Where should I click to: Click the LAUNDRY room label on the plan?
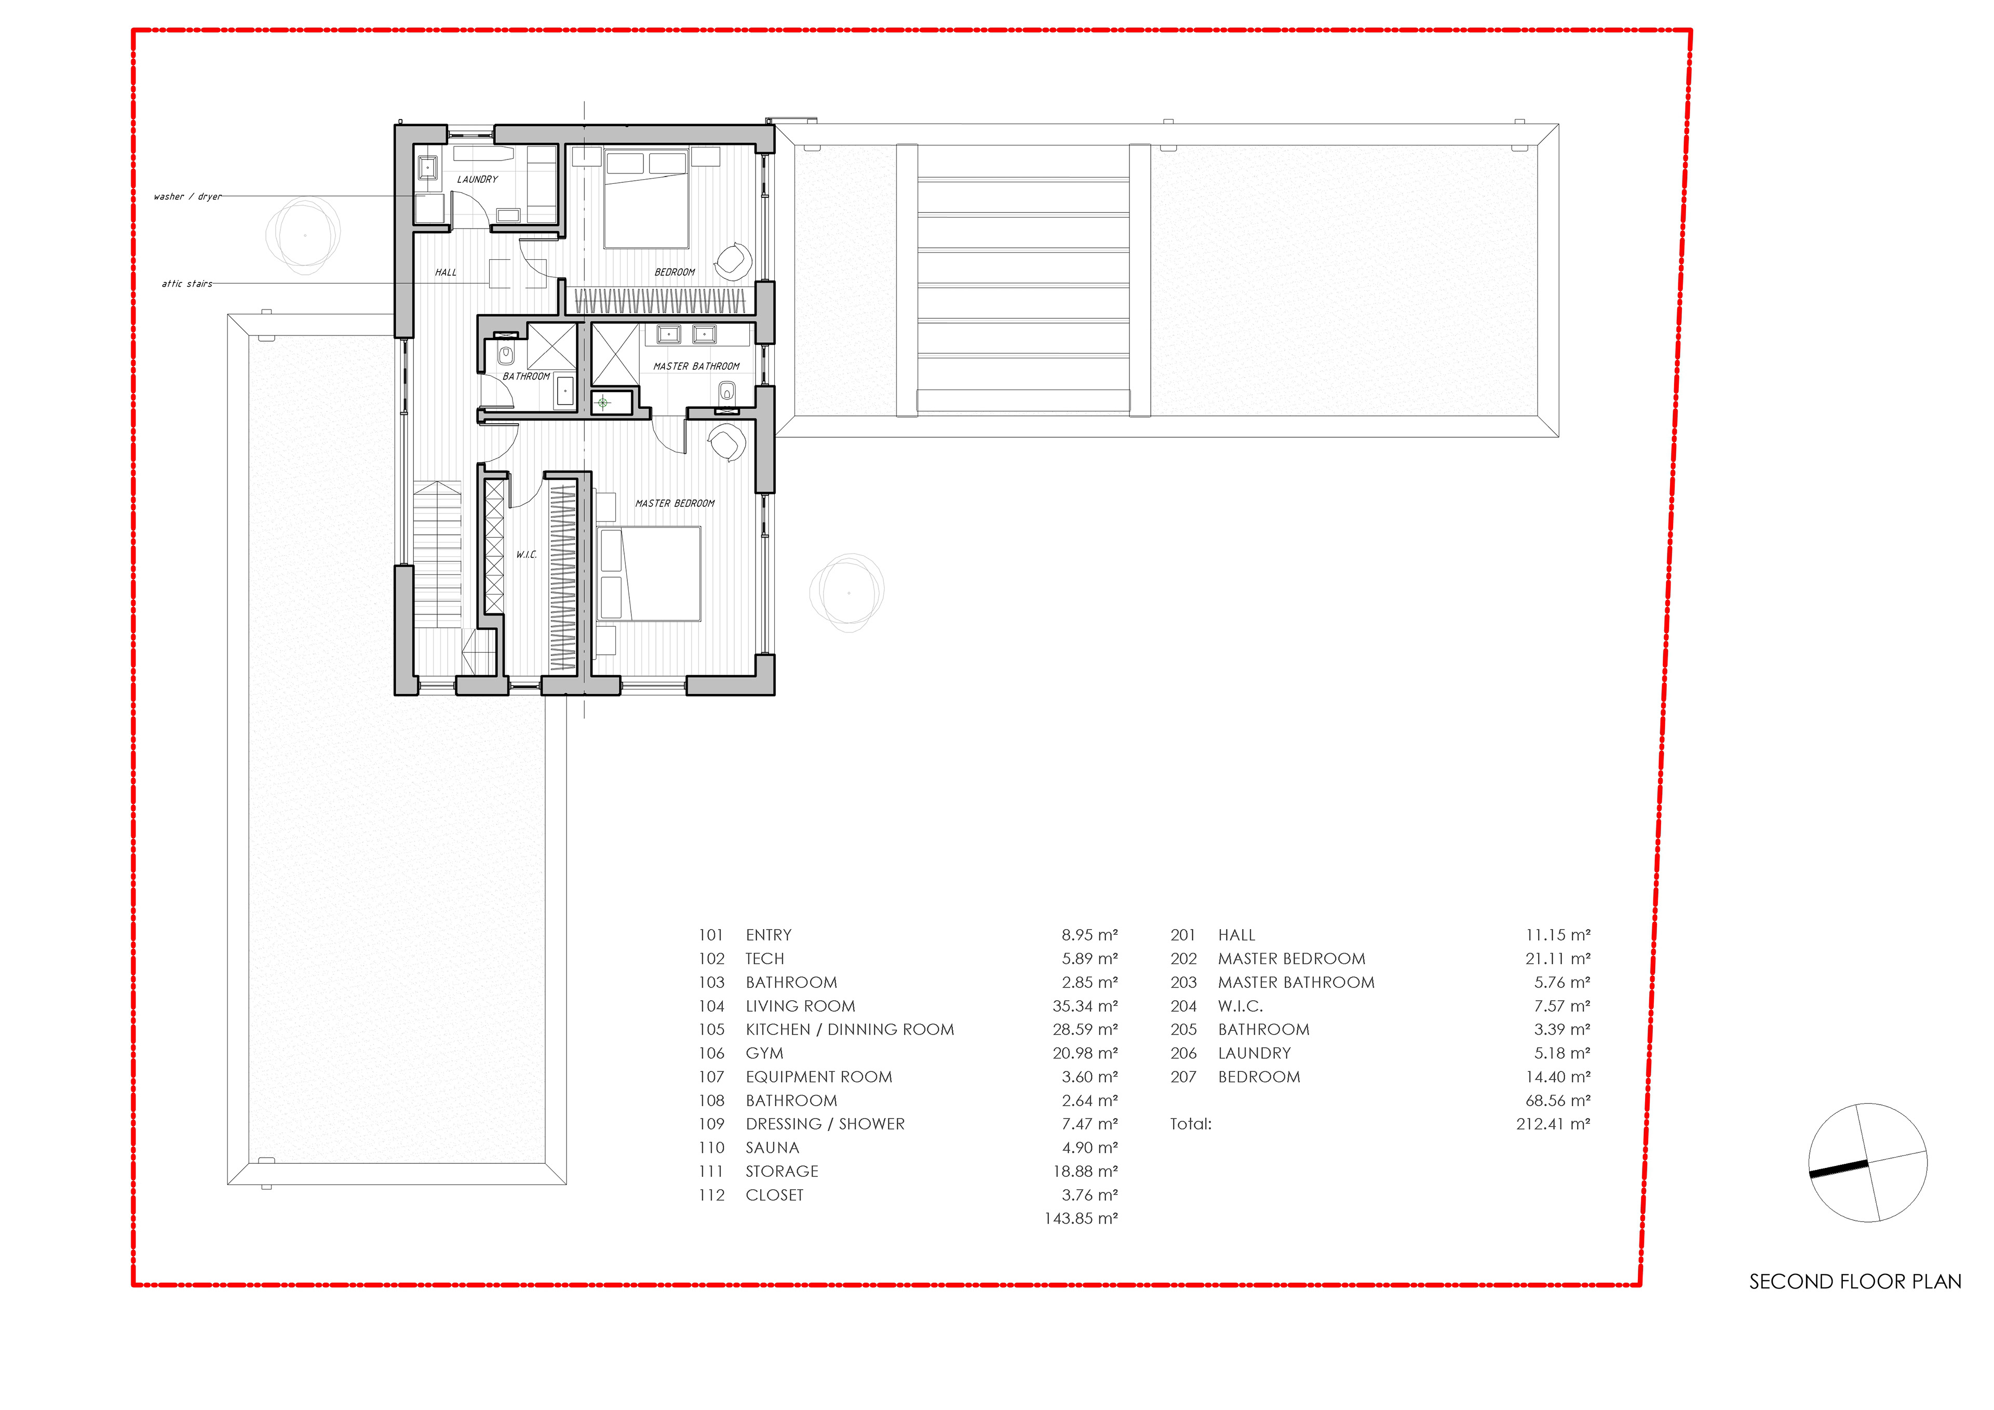coord(478,180)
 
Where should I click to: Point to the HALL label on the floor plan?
coord(446,273)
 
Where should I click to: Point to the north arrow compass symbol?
coord(1868,1162)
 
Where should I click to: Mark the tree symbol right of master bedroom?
coord(847,593)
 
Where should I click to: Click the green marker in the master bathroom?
coord(603,403)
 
